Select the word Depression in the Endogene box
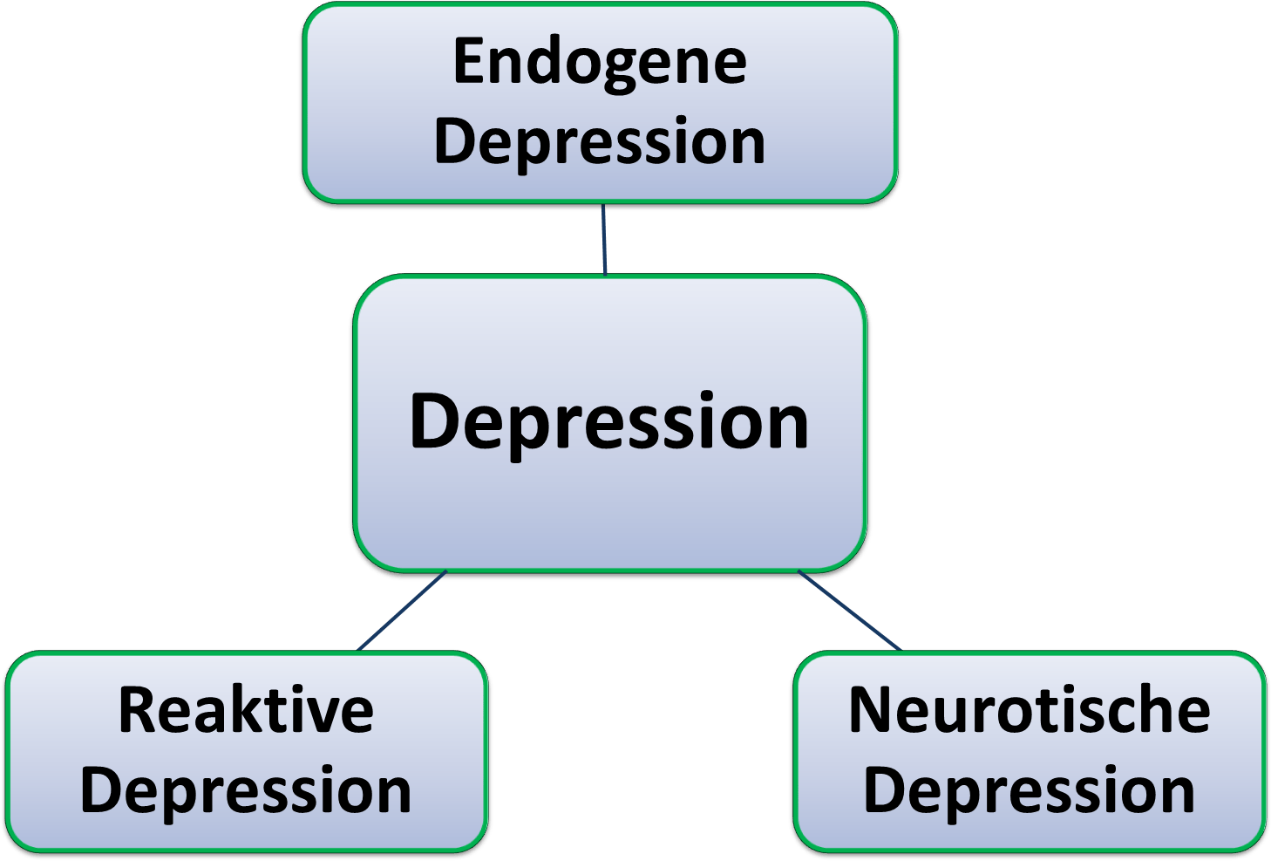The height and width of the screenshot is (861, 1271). tap(600, 141)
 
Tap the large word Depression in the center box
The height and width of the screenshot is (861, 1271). tap(609, 422)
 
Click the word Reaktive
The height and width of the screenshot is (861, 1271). tap(246, 711)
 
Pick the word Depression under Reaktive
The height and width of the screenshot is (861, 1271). tap(246, 790)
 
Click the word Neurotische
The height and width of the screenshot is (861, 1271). tap(1030, 711)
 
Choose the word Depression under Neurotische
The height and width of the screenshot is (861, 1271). tap(1030, 790)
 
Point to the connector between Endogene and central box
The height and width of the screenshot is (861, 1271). tap(604, 239)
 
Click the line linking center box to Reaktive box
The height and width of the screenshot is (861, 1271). tap(403, 610)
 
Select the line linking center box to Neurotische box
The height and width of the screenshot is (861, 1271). tap(848, 610)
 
